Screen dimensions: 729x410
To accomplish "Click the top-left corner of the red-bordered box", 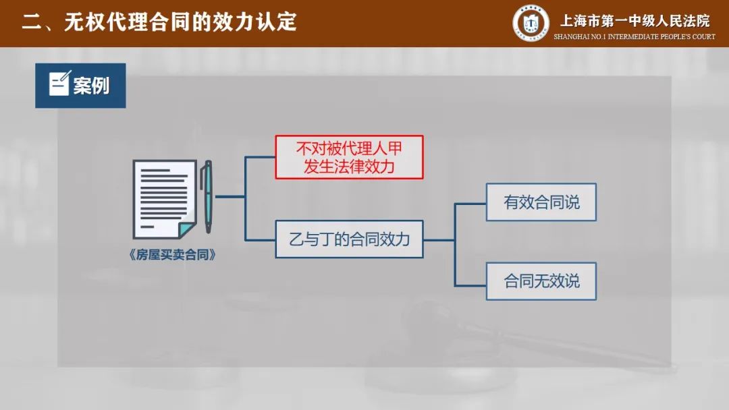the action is coord(275,136).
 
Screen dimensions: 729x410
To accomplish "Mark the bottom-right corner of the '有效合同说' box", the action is coord(596,221).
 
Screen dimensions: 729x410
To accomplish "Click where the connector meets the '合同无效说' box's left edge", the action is coord(486,285).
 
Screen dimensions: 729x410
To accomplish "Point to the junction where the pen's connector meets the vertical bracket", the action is coord(246,197).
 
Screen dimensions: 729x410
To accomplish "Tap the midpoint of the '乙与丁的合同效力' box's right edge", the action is coord(423,239).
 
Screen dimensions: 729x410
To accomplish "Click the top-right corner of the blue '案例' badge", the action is coord(126,63).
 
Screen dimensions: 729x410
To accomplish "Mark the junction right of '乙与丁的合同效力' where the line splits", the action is coord(455,240).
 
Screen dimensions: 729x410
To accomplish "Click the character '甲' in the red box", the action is coord(395,148).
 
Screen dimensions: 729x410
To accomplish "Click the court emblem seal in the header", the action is coord(531,23).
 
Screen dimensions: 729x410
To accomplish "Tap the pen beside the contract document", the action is coord(207,196).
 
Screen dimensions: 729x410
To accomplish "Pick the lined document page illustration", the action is coord(165,199).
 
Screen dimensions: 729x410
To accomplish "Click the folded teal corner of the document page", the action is coord(188,230).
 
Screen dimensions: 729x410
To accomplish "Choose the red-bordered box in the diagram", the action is coord(349,157).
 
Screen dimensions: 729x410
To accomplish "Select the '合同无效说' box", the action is coord(541,281).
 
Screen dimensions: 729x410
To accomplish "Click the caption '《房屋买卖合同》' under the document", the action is coord(172,255).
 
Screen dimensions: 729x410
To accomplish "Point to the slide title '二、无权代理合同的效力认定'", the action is coord(159,22).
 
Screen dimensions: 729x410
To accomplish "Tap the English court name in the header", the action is coord(634,36).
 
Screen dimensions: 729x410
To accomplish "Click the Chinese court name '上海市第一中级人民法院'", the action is coord(634,21).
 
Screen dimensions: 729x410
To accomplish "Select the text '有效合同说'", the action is coord(541,202).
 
